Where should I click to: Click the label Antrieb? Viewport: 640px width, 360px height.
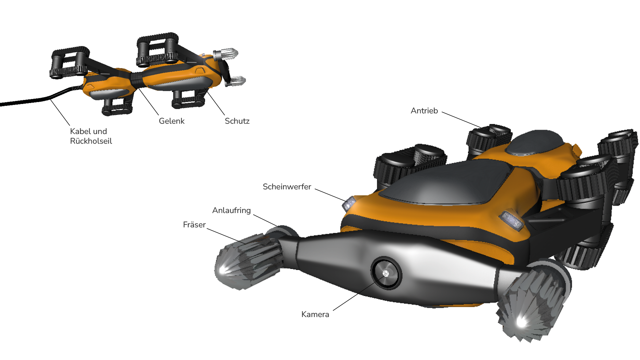click(424, 111)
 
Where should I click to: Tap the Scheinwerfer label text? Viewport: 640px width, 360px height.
click(287, 187)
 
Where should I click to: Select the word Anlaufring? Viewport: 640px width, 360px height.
click(231, 211)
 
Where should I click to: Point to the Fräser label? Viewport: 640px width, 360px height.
click(194, 225)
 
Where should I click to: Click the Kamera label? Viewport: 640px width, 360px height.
click(315, 314)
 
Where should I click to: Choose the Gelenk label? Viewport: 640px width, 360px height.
click(171, 121)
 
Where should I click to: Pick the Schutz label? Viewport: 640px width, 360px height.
click(237, 121)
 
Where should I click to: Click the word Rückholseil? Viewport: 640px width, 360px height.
click(91, 141)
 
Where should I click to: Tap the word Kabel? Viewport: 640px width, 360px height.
click(79, 131)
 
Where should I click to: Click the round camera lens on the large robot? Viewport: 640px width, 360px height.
click(386, 273)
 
